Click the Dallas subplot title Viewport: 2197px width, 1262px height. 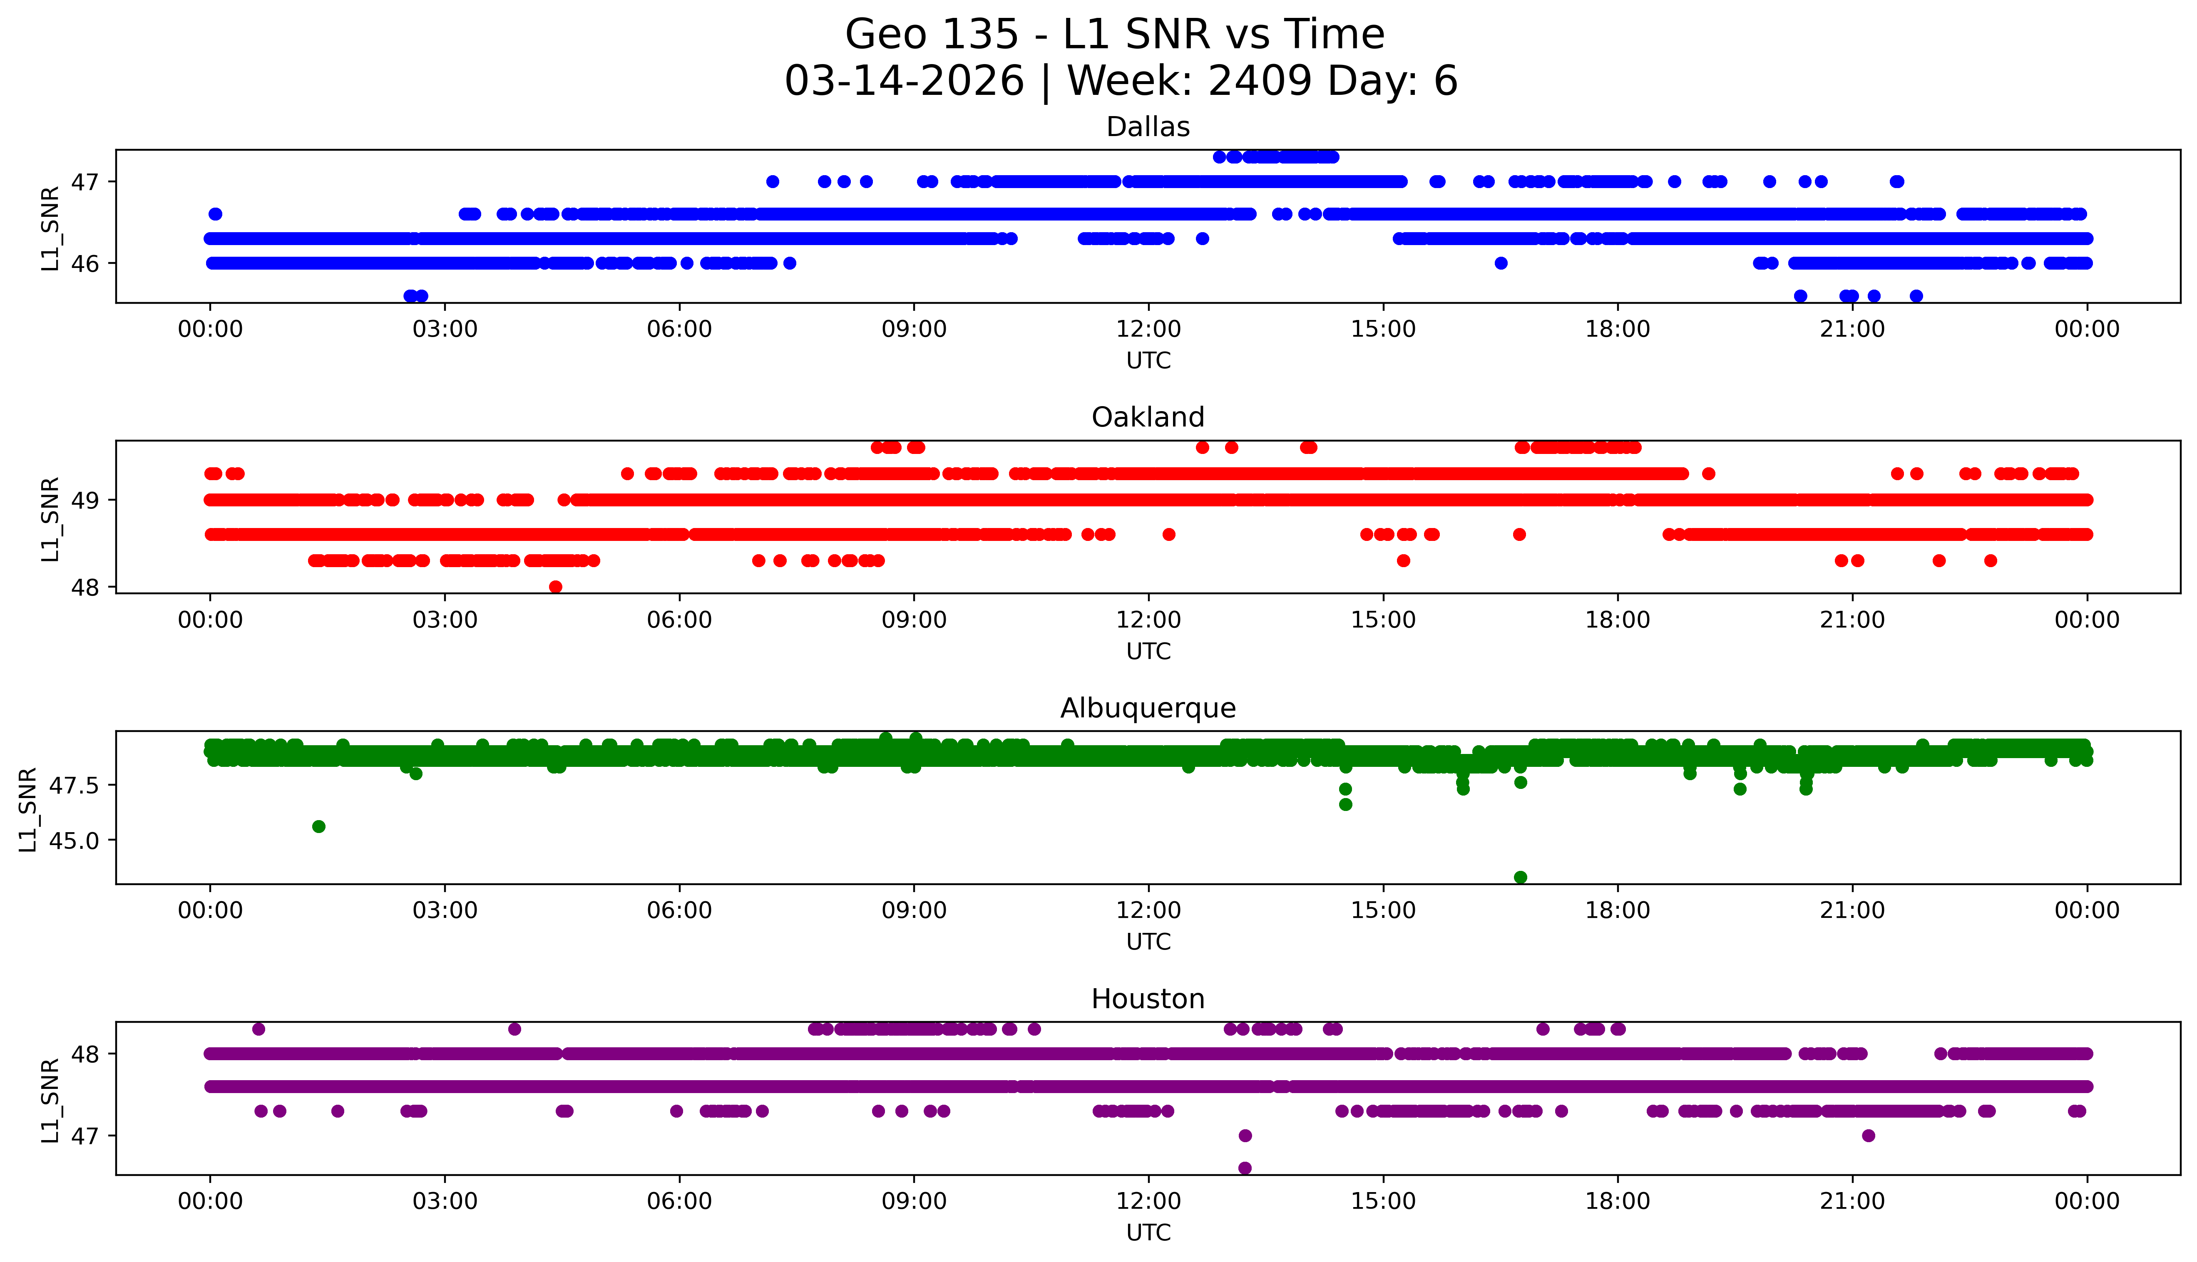[x=1148, y=127]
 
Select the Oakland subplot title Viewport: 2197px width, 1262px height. [x=1148, y=418]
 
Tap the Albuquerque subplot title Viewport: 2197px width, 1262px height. [x=1148, y=708]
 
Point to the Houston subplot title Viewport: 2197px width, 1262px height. [x=1148, y=999]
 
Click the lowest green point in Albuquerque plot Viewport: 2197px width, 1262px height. [x=1520, y=877]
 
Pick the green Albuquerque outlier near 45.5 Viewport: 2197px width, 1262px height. [x=319, y=826]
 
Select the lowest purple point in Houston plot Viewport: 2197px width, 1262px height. [x=1245, y=1168]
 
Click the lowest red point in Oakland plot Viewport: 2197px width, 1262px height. [x=556, y=587]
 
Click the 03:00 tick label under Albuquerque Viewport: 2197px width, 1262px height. [x=445, y=910]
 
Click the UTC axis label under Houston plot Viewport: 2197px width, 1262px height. [x=1148, y=1232]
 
